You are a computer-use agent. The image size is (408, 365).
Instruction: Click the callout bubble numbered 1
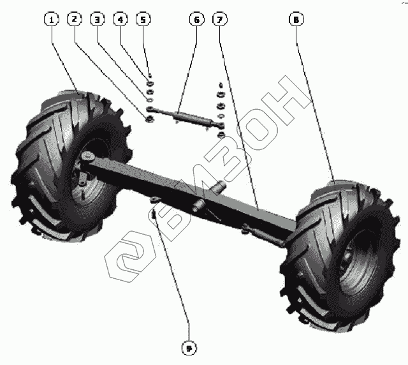(52, 20)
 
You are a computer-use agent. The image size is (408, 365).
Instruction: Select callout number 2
(75, 20)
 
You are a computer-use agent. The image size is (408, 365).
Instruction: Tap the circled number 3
(97, 20)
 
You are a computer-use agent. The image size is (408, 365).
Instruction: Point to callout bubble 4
(119, 20)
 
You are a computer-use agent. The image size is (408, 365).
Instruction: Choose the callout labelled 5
(142, 20)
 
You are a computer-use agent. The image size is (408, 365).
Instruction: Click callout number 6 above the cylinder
(196, 20)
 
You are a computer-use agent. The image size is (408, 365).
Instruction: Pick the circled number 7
(219, 20)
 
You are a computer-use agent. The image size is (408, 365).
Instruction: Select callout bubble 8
(295, 20)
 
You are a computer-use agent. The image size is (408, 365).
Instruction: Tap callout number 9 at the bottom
(189, 348)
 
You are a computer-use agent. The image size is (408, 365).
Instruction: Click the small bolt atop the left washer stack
(149, 75)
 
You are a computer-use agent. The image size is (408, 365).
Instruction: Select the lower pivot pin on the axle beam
(198, 205)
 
